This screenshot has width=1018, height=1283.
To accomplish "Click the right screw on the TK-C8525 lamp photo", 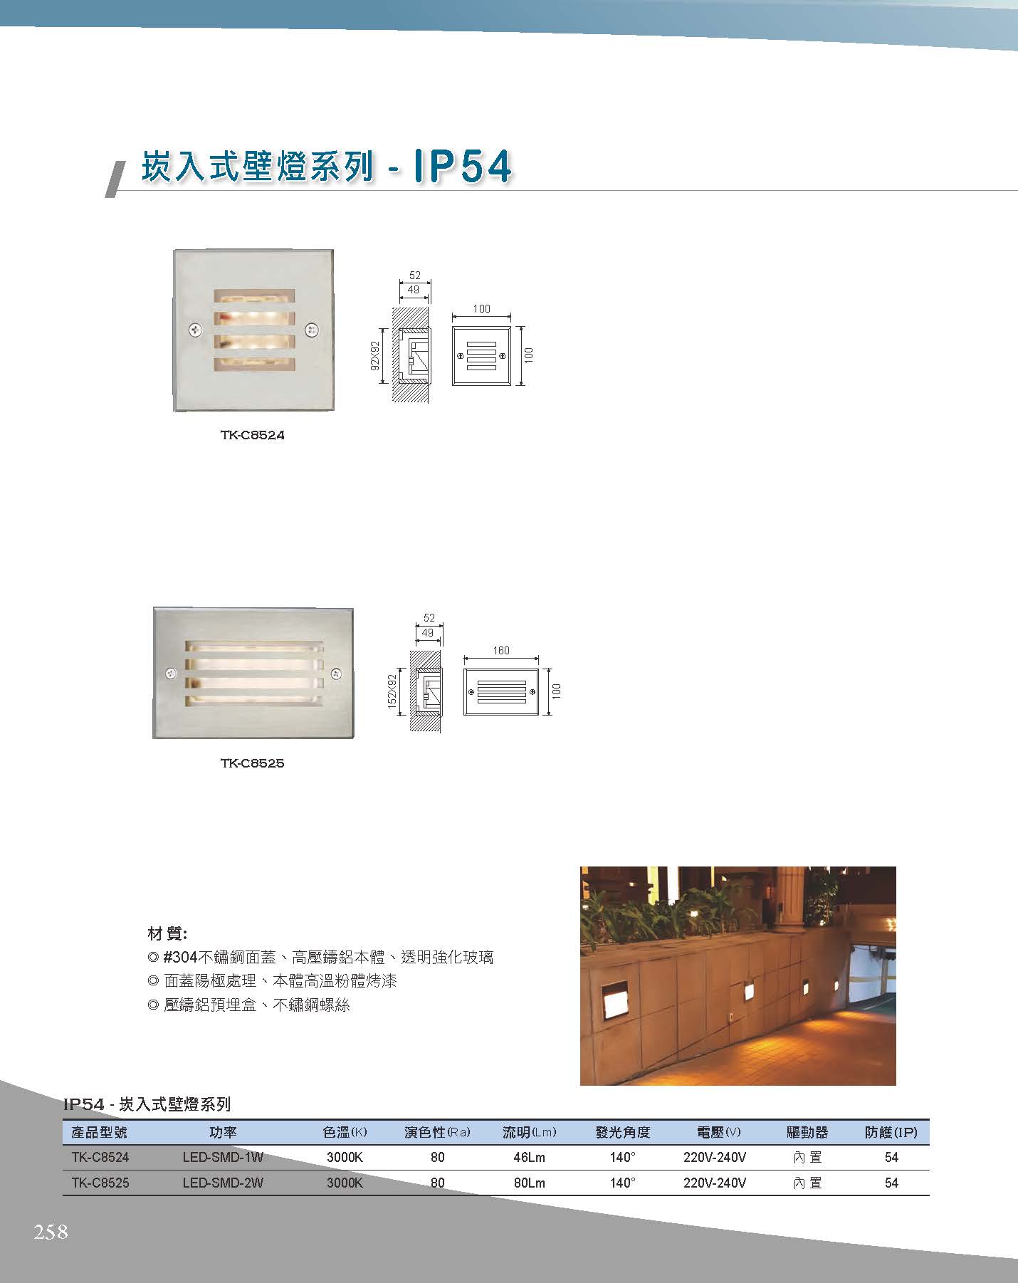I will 337,673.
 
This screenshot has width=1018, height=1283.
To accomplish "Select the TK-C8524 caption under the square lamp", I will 252,435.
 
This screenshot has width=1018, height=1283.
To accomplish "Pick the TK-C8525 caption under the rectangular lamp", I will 252,763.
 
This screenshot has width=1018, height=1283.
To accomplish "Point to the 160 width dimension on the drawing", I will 500,651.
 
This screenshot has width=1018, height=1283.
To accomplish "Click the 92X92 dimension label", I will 374,356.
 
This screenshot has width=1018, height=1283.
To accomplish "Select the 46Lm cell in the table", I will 529,1158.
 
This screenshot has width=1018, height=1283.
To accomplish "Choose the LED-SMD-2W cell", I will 223,1183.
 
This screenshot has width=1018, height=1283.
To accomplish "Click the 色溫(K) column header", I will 345,1132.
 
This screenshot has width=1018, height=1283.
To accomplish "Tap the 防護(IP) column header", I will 891,1132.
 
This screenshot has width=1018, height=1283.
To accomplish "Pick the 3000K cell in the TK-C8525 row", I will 345,1183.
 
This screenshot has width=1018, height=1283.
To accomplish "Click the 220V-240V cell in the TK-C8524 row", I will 715,1158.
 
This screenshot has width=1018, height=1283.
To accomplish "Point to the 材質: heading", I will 167,933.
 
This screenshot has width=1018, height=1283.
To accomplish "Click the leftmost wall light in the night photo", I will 613,1001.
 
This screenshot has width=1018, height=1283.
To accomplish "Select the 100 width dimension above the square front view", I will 481,309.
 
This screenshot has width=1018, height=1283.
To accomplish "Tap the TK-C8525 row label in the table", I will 100,1183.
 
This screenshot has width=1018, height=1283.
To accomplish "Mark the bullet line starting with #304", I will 320,958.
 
